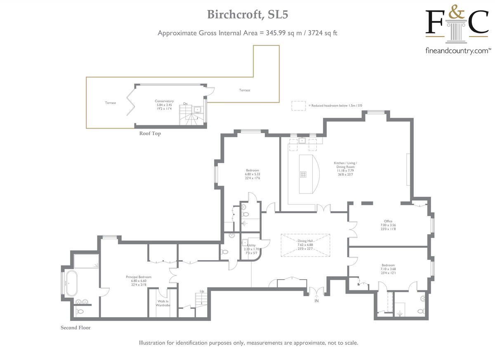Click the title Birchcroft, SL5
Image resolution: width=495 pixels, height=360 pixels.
(247, 15)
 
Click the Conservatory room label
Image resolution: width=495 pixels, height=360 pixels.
(164, 101)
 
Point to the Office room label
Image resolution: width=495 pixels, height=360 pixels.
(388, 221)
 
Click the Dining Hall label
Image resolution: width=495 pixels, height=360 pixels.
(305, 241)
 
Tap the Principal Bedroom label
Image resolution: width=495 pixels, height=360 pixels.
(139, 277)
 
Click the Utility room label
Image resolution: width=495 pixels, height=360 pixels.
(251, 245)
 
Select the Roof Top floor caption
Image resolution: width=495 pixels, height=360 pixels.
(150, 134)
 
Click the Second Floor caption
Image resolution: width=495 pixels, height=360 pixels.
(75, 328)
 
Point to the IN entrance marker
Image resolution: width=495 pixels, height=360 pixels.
(316, 301)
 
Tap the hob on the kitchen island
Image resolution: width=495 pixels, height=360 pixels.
(304, 174)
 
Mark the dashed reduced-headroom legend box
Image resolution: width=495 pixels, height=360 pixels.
(298, 106)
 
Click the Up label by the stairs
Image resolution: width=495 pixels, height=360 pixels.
(201, 291)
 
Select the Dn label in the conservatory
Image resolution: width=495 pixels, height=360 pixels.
(186, 104)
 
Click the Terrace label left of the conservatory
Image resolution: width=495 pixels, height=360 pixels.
(110, 103)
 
